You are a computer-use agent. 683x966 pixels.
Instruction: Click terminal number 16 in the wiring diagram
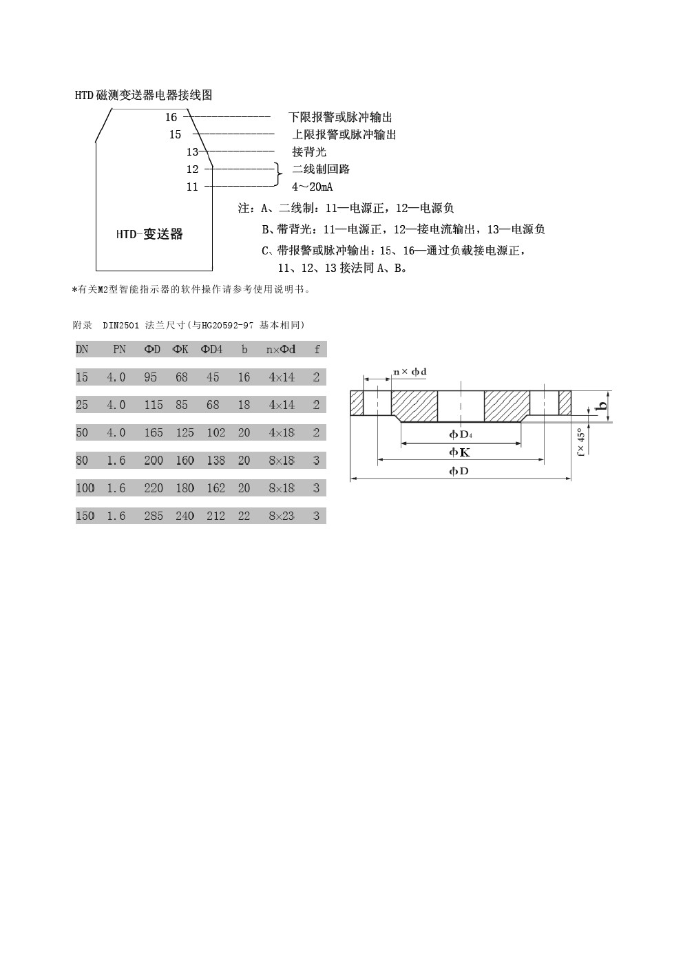(x=171, y=118)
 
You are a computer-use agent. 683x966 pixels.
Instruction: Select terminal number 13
(x=192, y=152)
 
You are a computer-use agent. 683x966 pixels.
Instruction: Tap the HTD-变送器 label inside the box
(x=149, y=234)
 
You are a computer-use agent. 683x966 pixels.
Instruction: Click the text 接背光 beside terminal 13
(x=309, y=152)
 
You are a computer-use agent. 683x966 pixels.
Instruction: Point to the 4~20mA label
(x=313, y=187)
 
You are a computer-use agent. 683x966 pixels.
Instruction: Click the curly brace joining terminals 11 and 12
(x=277, y=175)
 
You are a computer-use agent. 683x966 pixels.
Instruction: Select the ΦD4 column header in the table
(x=212, y=350)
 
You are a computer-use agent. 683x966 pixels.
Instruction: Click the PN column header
(x=119, y=350)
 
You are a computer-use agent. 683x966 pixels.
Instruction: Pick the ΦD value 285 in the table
(x=153, y=516)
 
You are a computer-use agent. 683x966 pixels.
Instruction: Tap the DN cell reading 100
(x=85, y=488)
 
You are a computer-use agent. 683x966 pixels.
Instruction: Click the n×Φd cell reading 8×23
(x=282, y=516)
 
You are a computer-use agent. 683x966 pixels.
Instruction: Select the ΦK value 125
(x=185, y=433)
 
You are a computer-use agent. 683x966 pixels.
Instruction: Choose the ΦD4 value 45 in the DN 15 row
(x=213, y=377)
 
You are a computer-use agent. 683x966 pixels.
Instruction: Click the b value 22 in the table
(x=244, y=516)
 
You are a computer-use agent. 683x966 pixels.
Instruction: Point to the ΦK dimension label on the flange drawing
(x=459, y=452)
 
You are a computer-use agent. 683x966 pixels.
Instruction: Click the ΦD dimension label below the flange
(x=459, y=471)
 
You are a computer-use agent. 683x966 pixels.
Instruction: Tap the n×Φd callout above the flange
(x=410, y=372)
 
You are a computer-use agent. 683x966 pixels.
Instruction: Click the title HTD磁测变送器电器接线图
(x=143, y=96)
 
